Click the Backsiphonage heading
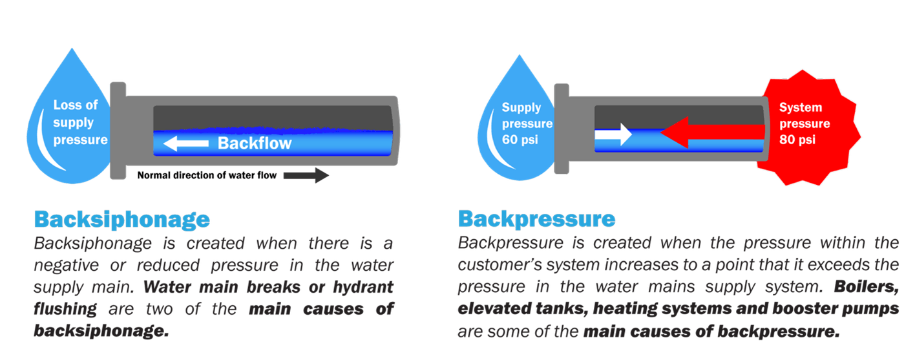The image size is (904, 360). [121, 220]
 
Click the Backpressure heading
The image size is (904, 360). [536, 219]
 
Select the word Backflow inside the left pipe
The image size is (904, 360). [255, 143]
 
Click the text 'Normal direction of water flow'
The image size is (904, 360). [207, 175]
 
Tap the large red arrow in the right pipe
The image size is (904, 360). [711, 133]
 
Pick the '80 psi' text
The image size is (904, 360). [799, 138]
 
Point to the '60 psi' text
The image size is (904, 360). [521, 140]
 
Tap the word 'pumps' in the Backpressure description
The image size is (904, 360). [865, 309]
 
